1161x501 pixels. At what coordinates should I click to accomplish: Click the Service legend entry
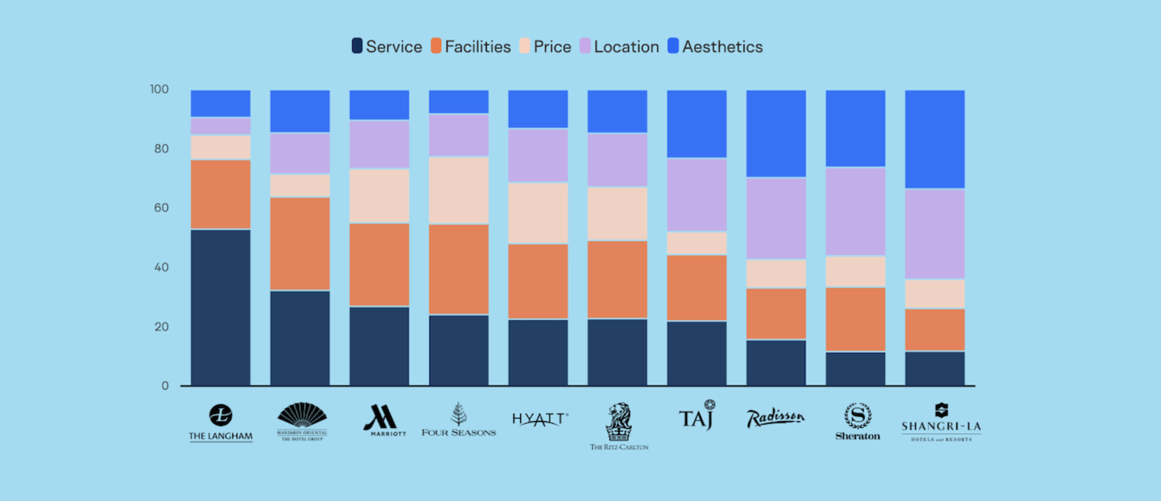pos(387,47)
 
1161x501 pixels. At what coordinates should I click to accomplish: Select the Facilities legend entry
pos(471,47)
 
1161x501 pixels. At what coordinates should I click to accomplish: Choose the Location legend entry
pos(619,47)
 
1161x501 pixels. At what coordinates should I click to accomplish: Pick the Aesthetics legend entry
pos(715,47)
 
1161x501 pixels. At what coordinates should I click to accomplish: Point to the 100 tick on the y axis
pos(160,90)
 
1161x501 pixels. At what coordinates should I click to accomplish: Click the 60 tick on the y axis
pos(160,208)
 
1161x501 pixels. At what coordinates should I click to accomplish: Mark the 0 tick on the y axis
pos(165,386)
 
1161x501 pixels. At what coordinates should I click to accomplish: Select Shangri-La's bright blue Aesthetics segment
pos(935,139)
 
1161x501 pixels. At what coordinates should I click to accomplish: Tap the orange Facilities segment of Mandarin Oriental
pos(300,243)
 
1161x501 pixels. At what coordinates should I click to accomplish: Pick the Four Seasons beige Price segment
pos(459,190)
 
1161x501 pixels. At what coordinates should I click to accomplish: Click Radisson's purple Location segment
pos(776,218)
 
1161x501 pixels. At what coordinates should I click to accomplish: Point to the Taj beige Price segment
pos(697,243)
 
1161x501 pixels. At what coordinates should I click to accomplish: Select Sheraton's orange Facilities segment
pos(856,319)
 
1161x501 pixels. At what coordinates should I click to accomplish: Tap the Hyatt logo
pos(539,419)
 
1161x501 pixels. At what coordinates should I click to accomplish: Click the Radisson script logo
pos(775,418)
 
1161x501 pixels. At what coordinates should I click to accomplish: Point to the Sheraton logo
pos(857,421)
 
